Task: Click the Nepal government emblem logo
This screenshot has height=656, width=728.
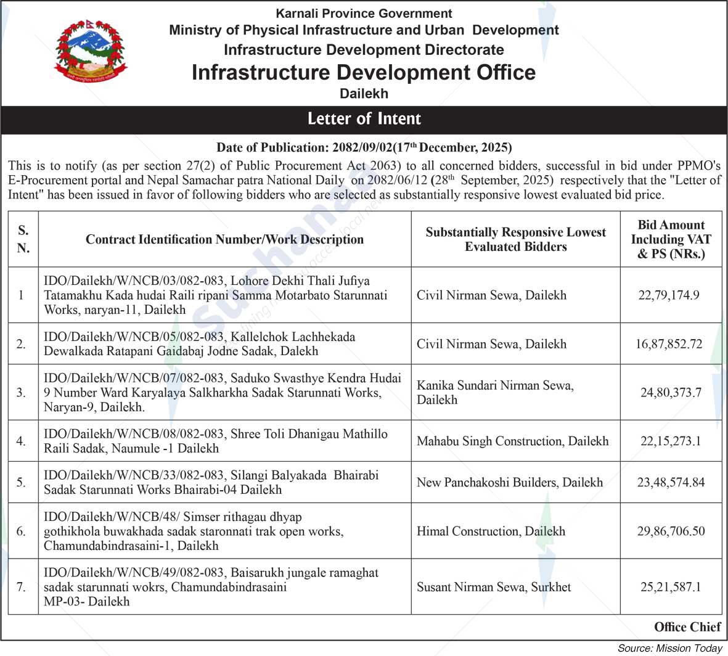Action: tap(91, 54)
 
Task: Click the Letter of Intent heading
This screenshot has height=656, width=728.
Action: tap(364, 119)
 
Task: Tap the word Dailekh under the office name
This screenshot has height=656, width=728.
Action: tap(364, 94)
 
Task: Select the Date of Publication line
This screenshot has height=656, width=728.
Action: tap(364, 147)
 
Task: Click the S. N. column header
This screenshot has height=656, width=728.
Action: tap(23, 239)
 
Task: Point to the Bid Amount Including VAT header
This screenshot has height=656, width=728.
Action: tap(671, 239)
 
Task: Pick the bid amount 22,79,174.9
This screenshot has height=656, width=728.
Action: tap(669, 295)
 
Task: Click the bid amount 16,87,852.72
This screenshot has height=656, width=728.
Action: tap(669, 344)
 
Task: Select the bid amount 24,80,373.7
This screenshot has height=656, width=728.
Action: tap(670, 392)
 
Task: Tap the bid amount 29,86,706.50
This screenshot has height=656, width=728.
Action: tap(670, 531)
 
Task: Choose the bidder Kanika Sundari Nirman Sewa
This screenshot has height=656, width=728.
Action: tap(495, 392)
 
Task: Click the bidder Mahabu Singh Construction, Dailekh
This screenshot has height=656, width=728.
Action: tap(512, 441)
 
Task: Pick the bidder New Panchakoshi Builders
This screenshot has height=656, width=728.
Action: tap(509, 482)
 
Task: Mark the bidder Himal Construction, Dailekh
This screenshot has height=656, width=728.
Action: tap(491, 531)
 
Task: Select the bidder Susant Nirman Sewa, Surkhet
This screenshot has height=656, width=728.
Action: tap(494, 587)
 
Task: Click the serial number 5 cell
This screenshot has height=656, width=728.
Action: tap(22, 482)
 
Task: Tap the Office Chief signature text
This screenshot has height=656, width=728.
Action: tap(687, 627)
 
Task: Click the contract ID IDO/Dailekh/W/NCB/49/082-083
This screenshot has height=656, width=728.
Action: tap(134, 573)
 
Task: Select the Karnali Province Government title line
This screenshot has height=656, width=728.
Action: tap(364, 13)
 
